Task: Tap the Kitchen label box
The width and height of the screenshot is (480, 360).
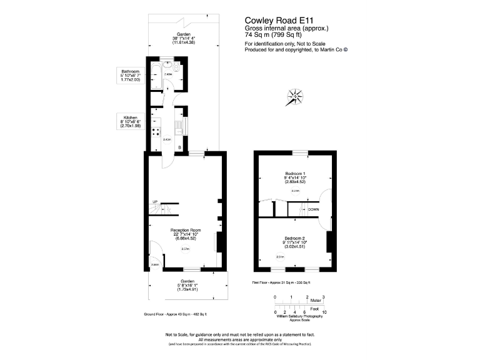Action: (131, 122)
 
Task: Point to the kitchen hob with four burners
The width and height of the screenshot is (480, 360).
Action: (154, 133)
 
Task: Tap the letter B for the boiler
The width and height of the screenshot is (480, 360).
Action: (179, 147)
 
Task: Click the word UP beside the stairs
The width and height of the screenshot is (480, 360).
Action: (155, 201)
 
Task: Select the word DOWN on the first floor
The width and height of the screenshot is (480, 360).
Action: (314, 209)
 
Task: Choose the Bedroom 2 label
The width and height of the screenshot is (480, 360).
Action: (294, 241)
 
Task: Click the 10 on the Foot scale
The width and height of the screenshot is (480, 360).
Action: (324, 311)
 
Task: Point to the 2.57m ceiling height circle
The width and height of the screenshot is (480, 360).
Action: (185, 249)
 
